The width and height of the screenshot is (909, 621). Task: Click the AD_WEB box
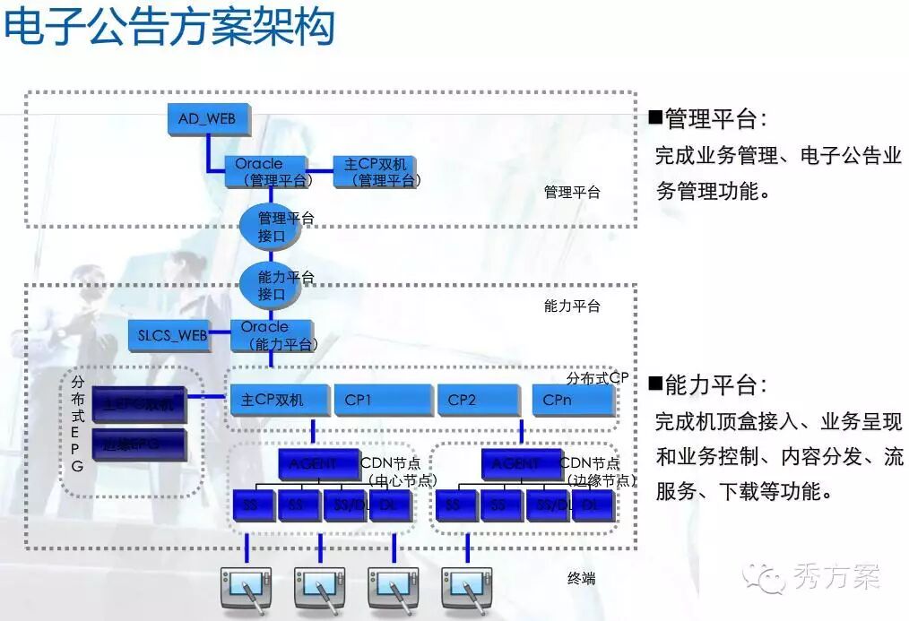208,119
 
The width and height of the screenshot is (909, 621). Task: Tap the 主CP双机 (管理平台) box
376,171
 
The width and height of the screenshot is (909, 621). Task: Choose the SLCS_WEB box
169,335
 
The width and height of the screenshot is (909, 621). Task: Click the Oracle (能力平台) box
272,335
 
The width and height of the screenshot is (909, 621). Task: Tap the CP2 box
479,400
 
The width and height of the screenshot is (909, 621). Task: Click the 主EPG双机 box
139,404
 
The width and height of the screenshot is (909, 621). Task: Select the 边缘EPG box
139,444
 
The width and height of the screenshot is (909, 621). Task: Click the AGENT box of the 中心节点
317,464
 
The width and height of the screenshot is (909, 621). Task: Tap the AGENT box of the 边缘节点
521,464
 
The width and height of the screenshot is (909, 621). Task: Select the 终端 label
581,579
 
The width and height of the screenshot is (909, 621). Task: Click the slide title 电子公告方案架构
170,27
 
